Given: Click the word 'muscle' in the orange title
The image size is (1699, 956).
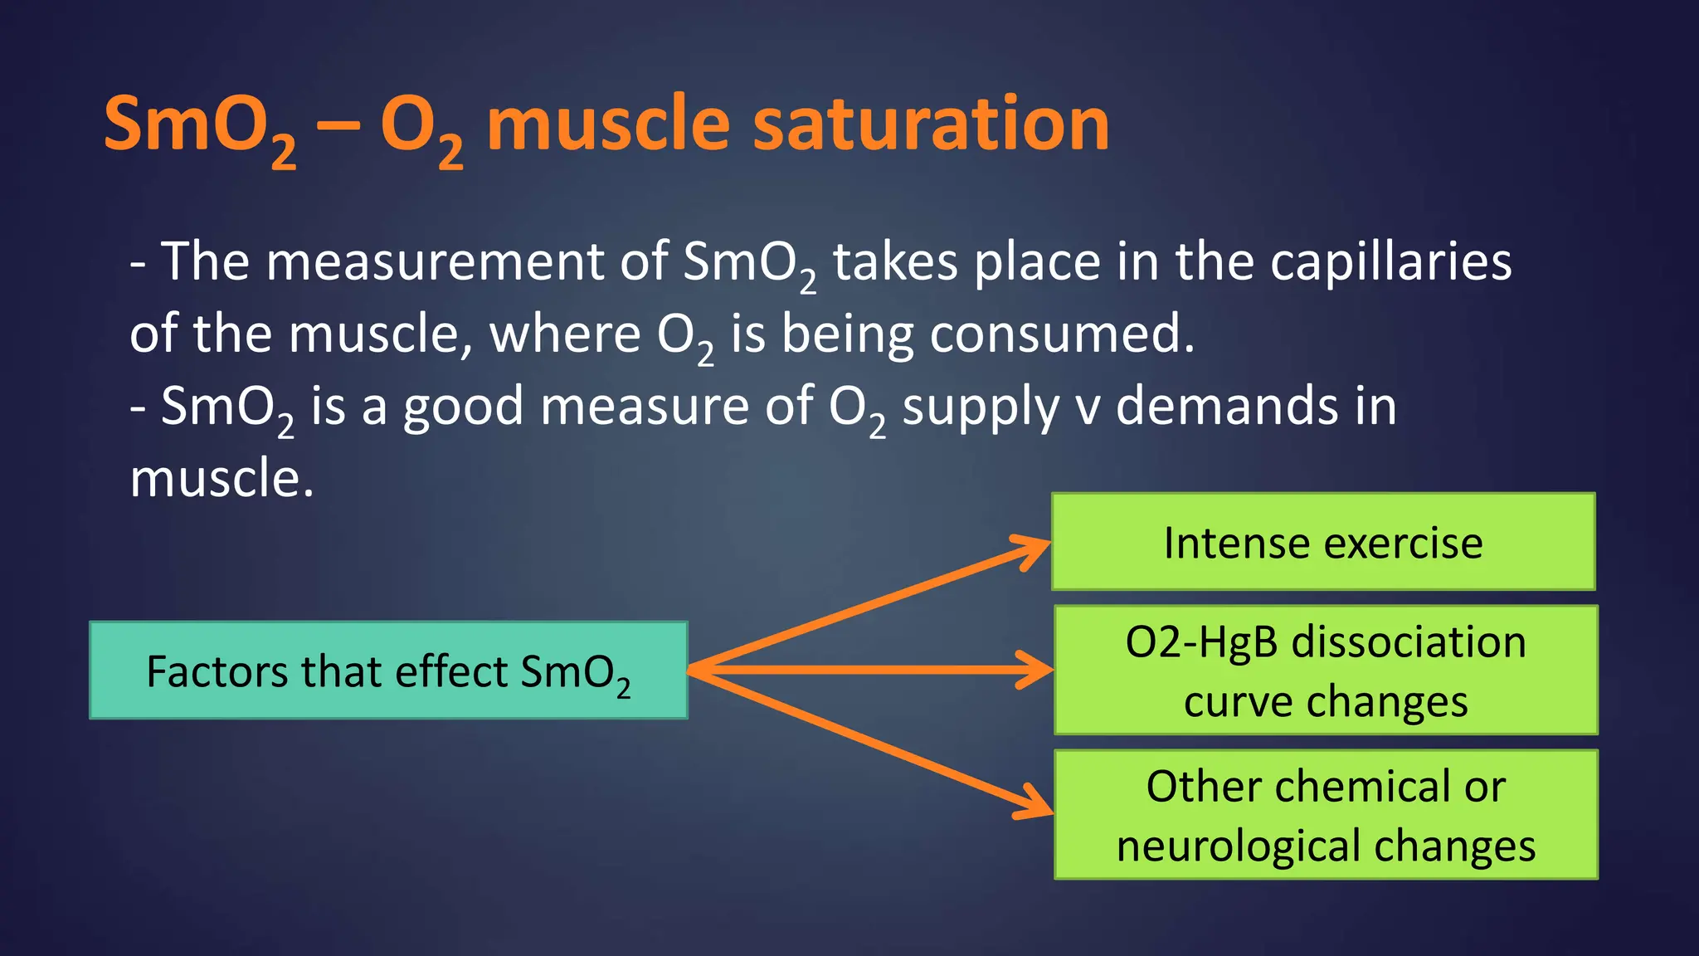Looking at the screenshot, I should (607, 124).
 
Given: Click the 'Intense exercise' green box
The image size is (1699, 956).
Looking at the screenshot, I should (1323, 543).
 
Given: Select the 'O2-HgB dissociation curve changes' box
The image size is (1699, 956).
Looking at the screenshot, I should (1326, 671).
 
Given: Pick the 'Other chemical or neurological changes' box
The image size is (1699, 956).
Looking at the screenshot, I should (1326, 815).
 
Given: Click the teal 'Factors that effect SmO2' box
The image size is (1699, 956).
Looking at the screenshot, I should (388, 671).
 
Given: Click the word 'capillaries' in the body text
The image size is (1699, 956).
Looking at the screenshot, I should (1390, 262).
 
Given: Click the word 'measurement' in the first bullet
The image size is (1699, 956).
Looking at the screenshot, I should (435, 262).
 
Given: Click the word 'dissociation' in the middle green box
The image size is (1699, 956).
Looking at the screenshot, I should (1409, 642).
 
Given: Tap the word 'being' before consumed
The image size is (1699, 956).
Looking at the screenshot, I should (848, 334).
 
